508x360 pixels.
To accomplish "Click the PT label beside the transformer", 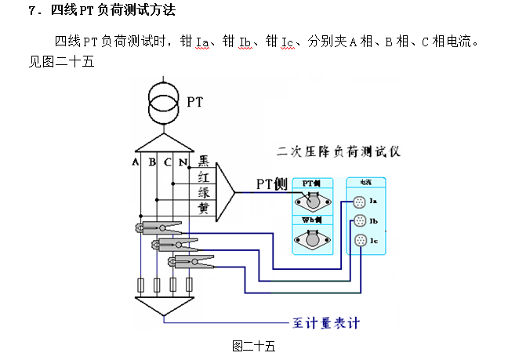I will tap(195, 101).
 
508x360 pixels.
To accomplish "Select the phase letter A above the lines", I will tap(136, 162).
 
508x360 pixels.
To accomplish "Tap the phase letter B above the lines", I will tap(152, 162).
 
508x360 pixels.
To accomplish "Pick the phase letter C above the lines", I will tap(167, 162).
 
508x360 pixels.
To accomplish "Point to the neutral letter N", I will tap(183, 162).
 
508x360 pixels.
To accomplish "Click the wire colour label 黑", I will tap(203, 162).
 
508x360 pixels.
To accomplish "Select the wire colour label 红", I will tap(203, 177).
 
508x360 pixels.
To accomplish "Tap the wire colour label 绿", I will tap(203, 193).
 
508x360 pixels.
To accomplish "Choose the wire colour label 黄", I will tap(203, 209).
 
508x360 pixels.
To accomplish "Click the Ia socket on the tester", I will tap(360, 202).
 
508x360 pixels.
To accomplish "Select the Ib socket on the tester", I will tap(360, 221).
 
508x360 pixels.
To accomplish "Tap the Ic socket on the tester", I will tap(360, 240).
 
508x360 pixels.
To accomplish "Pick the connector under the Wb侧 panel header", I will tap(314, 238).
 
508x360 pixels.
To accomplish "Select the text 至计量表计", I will tap(328, 322).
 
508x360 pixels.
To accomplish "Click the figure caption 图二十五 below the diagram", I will tap(253, 344).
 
